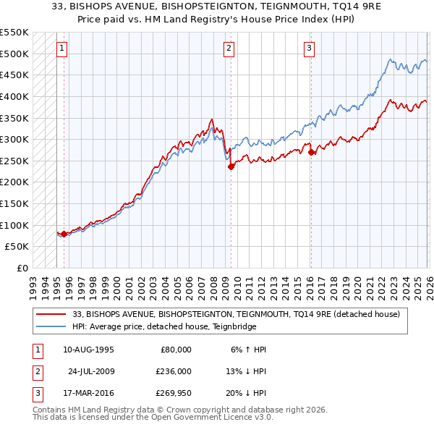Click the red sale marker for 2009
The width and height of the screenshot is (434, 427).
coord(231,166)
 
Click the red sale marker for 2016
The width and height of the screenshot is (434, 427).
coord(311,152)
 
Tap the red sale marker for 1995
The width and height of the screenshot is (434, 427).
coord(64,234)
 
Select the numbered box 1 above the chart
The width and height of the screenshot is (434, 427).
coord(61,48)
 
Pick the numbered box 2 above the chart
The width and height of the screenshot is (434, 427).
coord(229,48)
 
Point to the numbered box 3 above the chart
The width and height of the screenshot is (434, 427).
coord(309,48)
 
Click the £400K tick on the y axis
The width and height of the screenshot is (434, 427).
coord(14,96)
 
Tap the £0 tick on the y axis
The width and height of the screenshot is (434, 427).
coord(22,268)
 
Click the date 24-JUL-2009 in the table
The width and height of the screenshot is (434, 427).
coord(90,372)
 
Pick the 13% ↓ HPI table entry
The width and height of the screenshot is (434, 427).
coord(245,372)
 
